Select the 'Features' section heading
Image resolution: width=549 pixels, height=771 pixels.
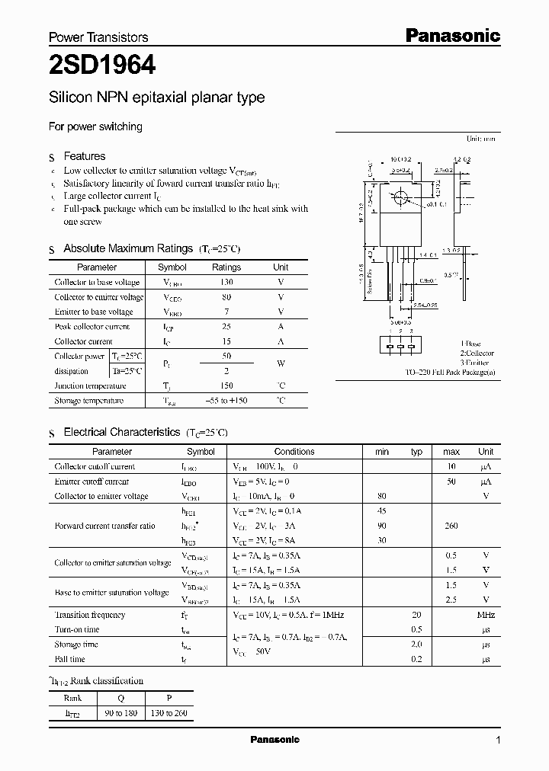(x=84, y=156)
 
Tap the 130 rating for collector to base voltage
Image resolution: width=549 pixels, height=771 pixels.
(x=226, y=283)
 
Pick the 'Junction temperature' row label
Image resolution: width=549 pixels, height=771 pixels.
(x=88, y=385)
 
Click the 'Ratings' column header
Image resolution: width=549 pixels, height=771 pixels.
(x=226, y=267)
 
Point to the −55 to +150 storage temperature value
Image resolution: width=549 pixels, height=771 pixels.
(x=226, y=401)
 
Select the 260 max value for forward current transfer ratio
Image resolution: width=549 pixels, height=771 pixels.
(x=451, y=526)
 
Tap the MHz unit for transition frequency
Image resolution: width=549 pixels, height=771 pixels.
(x=486, y=615)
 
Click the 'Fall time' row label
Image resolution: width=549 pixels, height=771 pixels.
(x=70, y=659)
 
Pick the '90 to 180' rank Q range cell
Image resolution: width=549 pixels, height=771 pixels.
(x=121, y=714)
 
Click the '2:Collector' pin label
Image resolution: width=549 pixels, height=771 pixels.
(x=477, y=354)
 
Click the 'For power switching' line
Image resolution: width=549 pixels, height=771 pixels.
(x=95, y=127)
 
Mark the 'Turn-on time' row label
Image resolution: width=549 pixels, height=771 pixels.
(x=77, y=629)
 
